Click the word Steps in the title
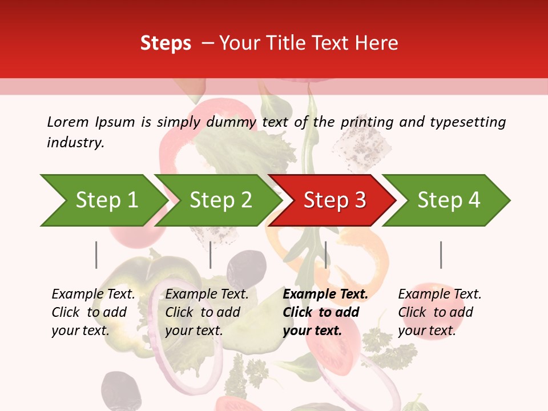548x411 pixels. [x=166, y=43]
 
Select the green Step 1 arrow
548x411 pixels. [x=103, y=200]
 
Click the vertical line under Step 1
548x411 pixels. [x=96, y=255]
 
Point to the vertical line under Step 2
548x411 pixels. [x=211, y=255]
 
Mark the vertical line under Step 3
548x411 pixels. [x=325, y=255]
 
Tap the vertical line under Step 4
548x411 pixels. [x=441, y=255]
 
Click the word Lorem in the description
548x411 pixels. [x=68, y=122]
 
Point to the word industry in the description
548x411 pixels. [x=75, y=143]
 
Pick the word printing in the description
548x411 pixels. [x=366, y=122]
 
